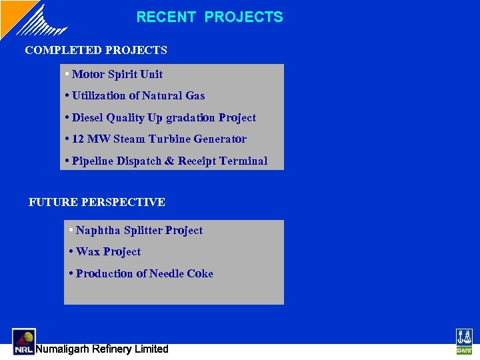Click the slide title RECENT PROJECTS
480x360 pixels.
[x=209, y=17]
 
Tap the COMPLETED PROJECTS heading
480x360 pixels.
[x=96, y=50]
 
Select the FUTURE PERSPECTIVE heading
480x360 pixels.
[x=97, y=202]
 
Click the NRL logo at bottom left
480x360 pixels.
[x=24, y=341]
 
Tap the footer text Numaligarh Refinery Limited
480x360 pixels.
[x=102, y=349]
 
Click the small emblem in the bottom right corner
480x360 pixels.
[x=463, y=341]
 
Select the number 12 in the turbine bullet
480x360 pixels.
[x=78, y=139]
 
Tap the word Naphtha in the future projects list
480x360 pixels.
[x=98, y=231]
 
